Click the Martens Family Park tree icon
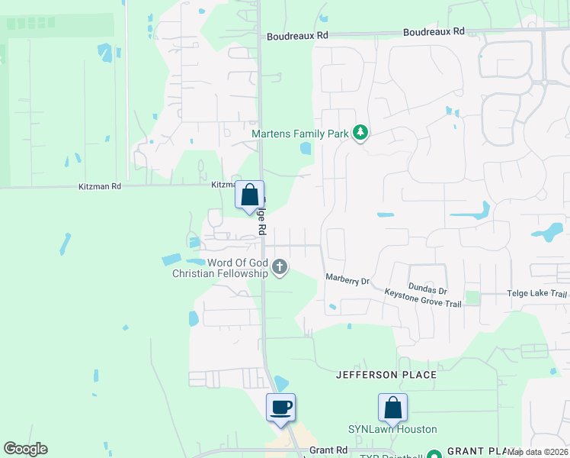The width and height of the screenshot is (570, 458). (x=361, y=134)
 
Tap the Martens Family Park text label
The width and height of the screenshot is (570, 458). (x=300, y=134)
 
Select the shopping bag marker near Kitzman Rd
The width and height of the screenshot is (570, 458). (x=249, y=195)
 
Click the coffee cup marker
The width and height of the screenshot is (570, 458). (x=280, y=407)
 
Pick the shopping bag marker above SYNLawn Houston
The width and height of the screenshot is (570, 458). (x=392, y=407)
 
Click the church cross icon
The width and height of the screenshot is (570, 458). (x=280, y=267)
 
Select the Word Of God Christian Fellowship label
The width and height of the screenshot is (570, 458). (x=220, y=268)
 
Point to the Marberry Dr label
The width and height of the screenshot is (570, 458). (x=347, y=280)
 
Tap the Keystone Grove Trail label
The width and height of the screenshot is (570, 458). (x=423, y=298)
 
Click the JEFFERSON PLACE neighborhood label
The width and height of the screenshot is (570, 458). (x=386, y=375)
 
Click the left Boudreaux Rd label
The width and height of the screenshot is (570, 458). (x=297, y=36)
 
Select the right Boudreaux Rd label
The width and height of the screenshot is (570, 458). (x=434, y=32)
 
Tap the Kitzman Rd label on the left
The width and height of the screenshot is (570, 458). (x=100, y=186)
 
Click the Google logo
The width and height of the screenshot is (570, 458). (x=25, y=449)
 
